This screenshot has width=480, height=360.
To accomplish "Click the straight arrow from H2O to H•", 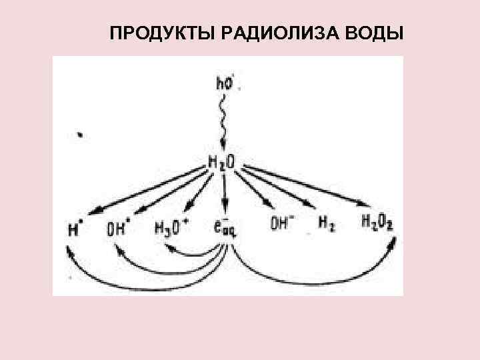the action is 147,191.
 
